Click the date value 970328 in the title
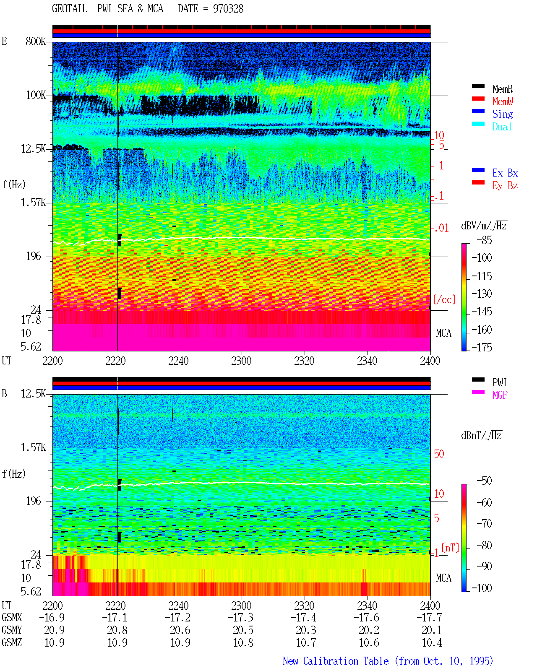point(228,8)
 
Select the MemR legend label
point(502,89)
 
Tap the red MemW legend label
point(503,101)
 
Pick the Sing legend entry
point(502,114)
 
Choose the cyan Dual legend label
point(502,127)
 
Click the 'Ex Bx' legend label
point(505,173)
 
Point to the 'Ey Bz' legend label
point(505,185)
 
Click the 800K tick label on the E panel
point(36,41)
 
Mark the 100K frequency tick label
point(36,95)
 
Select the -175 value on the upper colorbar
point(482,347)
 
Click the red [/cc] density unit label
point(444,299)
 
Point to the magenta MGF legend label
point(500,395)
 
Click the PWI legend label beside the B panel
point(499,382)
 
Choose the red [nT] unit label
point(450,548)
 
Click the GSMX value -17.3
point(241,617)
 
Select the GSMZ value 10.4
point(432,642)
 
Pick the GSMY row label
point(12,630)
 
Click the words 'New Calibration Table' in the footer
point(336,661)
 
